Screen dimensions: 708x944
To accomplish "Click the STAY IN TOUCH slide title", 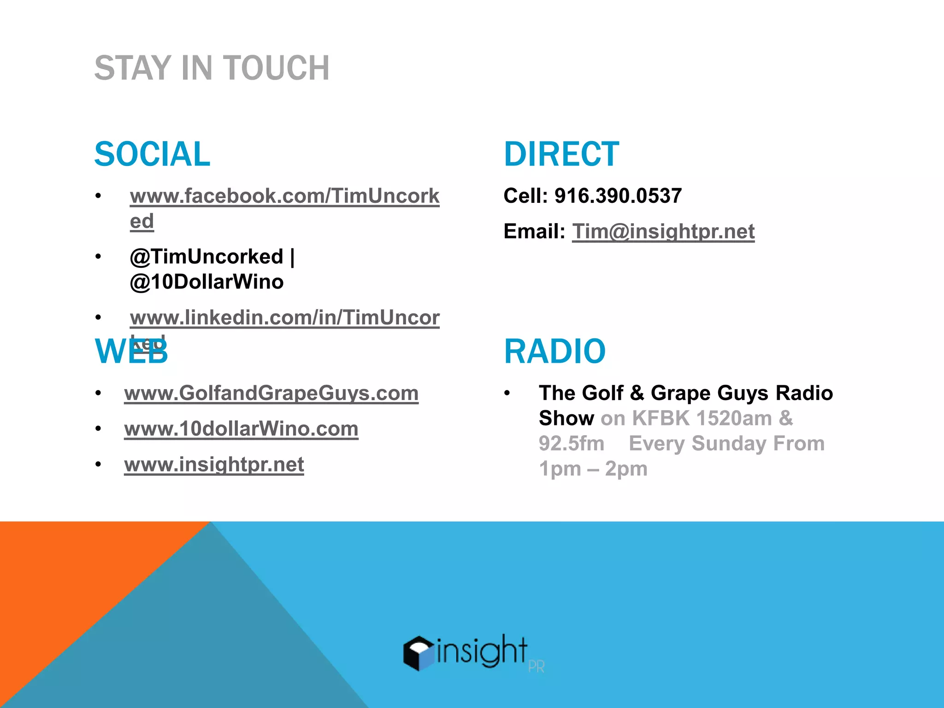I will pos(212,68).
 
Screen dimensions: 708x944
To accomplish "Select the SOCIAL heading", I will pos(152,154).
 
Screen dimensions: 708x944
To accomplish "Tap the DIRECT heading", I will pos(561,154).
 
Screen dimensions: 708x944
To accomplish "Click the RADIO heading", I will pos(555,351).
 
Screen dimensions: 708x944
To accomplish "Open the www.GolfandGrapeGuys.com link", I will pos(271,393).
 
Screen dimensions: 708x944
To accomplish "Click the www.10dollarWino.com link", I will pos(241,429).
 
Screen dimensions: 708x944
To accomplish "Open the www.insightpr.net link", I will pos(214,464).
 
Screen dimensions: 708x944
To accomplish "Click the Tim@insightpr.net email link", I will pos(663,231).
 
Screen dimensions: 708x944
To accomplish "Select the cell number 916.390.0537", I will pos(618,196).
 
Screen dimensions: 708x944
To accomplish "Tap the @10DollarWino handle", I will pos(206,282).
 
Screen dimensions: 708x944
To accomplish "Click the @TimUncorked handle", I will pos(206,257).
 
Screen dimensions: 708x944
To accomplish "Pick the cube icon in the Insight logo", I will pos(418,653).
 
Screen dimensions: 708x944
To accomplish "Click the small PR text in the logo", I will pos(536,667).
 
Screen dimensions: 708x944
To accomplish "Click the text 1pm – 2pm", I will pos(593,469).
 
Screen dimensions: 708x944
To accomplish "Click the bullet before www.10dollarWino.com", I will pos(98,429).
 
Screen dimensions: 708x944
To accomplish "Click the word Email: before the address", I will pos(534,231).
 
